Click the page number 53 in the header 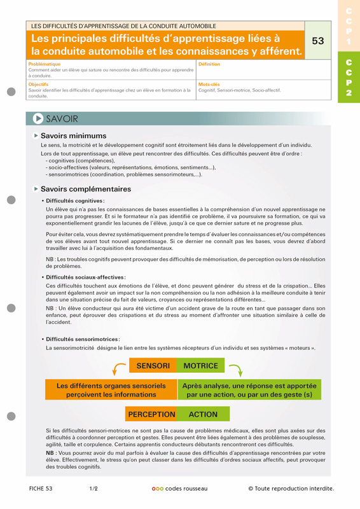click(318, 41)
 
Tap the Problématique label click(45, 64)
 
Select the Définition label click(209, 64)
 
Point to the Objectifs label click(39, 84)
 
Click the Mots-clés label click(209, 84)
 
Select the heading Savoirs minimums click(73, 136)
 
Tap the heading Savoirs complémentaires click(85, 189)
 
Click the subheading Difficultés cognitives click(74, 200)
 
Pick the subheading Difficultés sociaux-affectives click(85, 277)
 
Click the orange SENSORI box click(153, 366)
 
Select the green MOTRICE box click(201, 366)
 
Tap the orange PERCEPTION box click(151, 414)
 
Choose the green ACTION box click(204, 414)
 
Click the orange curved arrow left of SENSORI click(118, 368)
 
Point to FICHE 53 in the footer click(41, 489)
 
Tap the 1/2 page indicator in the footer click(93, 489)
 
